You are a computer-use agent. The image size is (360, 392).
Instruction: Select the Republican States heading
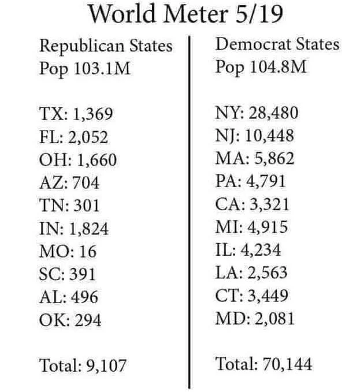[105, 46]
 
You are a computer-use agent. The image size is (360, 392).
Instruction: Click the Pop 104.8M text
[260, 67]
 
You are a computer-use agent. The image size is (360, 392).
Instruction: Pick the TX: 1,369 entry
[76, 115]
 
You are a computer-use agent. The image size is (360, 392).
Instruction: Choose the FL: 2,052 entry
[74, 137]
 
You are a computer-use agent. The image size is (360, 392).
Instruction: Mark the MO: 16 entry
[68, 252]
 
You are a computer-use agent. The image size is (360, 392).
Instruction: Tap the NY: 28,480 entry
[257, 113]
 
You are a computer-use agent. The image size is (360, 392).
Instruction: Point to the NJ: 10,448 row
[255, 136]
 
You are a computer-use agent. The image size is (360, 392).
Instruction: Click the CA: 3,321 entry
[253, 204]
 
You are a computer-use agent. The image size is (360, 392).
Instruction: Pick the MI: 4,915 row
[251, 227]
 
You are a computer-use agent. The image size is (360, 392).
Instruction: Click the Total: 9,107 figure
[83, 365]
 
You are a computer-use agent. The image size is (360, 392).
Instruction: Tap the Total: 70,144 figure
[264, 364]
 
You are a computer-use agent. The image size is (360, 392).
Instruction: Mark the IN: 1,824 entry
[74, 229]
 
